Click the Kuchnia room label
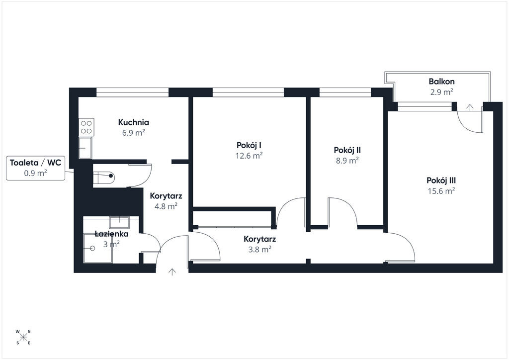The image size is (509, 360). click(x=133, y=122)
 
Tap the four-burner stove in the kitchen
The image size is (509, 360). click(x=86, y=127)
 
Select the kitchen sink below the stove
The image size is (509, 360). click(x=85, y=148)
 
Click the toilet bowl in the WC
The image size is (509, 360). click(x=104, y=176)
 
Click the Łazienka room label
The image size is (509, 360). click(x=111, y=234)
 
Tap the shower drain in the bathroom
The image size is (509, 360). click(x=92, y=248)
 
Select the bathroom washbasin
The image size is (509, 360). click(x=119, y=222)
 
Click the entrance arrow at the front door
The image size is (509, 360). click(x=172, y=272)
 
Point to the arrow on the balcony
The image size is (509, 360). click(x=470, y=107)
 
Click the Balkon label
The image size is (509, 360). click(x=441, y=82)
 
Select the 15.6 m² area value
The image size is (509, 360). click(x=441, y=191)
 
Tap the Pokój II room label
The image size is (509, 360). click(x=347, y=150)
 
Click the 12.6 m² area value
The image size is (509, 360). click(x=249, y=156)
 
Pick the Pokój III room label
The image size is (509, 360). click(x=441, y=180)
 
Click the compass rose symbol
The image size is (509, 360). click(x=23, y=337)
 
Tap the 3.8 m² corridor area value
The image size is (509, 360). click(x=259, y=250)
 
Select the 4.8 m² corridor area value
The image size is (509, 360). click(x=166, y=206)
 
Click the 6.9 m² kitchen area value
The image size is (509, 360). click(x=133, y=133)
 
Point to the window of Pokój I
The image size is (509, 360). click(x=249, y=92)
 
